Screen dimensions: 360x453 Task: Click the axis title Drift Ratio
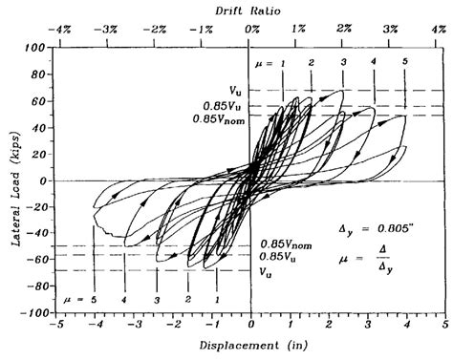point(251,9)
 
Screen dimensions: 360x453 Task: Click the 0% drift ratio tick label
point(251,30)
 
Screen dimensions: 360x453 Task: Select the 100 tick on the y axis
point(36,47)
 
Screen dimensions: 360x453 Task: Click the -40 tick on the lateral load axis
point(36,233)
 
